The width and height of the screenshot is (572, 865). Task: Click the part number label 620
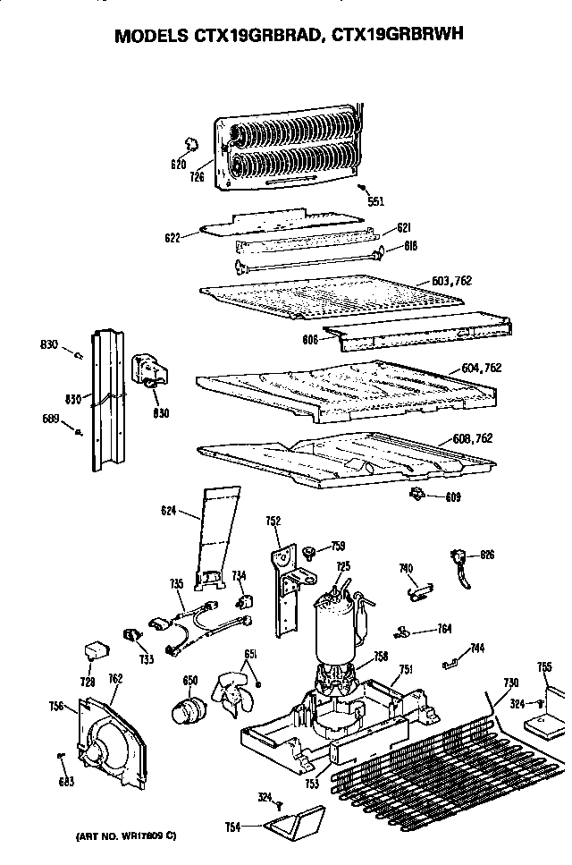coord(178,164)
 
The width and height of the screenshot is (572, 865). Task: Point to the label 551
coord(375,201)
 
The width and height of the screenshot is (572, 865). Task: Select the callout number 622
coord(173,238)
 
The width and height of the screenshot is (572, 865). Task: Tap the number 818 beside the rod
coord(410,245)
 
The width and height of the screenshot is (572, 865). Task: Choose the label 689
coord(51,418)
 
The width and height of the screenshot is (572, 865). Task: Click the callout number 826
coord(486,555)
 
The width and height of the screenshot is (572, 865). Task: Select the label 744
coord(478,647)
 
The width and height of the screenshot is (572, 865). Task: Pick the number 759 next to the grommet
coord(338,546)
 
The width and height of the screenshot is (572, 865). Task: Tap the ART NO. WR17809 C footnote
coord(119,836)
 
